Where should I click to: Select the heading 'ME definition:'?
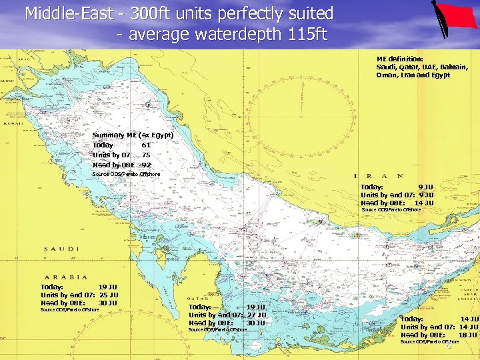pyautogui.click(x=399, y=59)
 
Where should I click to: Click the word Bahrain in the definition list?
pyautogui.click(x=453, y=67)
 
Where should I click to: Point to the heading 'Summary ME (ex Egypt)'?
pyautogui.click(x=133, y=135)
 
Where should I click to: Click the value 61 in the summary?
pyautogui.click(x=146, y=145)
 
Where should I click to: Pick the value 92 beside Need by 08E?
pyautogui.click(x=146, y=165)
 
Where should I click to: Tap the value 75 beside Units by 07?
pyautogui.click(x=146, y=155)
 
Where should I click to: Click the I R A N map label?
pyautogui.click(x=381, y=176)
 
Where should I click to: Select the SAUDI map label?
pyautogui.click(x=61, y=249)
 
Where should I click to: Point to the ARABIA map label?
pyautogui.click(x=65, y=277)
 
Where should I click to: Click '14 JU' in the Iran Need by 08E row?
pyautogui.click(x=423, y=203)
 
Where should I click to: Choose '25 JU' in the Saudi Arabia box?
pyautogui.click(x=108, y=295)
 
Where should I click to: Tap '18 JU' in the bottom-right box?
pyautogui.click(x=467, y=335)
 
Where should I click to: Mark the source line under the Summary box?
pyautogui.click(x=126, y=174)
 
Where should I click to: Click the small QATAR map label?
pyautogui.click(x=199, y=299)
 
